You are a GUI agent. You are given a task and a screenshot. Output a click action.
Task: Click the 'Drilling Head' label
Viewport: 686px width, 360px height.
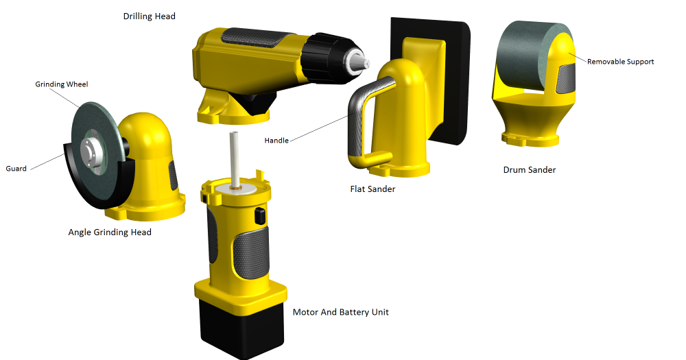(x=149, y=16)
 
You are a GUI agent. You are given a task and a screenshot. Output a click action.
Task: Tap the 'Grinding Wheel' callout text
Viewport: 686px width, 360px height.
(x=62, y=84)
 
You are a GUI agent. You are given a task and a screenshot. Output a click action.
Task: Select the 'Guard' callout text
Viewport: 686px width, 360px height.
(x=16, y=169)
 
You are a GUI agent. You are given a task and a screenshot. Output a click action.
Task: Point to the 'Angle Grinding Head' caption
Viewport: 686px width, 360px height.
(x=110, y=232)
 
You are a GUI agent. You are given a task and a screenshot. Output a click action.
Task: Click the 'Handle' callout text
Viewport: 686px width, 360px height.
(x=276, y=141)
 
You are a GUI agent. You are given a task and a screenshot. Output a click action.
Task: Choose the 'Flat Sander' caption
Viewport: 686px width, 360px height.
(x=372, y=189)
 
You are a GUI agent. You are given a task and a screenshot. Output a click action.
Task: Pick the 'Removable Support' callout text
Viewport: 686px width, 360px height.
(x=620, y=62)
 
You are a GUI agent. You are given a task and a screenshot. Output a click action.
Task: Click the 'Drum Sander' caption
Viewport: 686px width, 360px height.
(x=530, y=170)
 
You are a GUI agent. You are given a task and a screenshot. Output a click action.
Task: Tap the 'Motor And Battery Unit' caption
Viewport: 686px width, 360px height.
(x=341, y=312)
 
